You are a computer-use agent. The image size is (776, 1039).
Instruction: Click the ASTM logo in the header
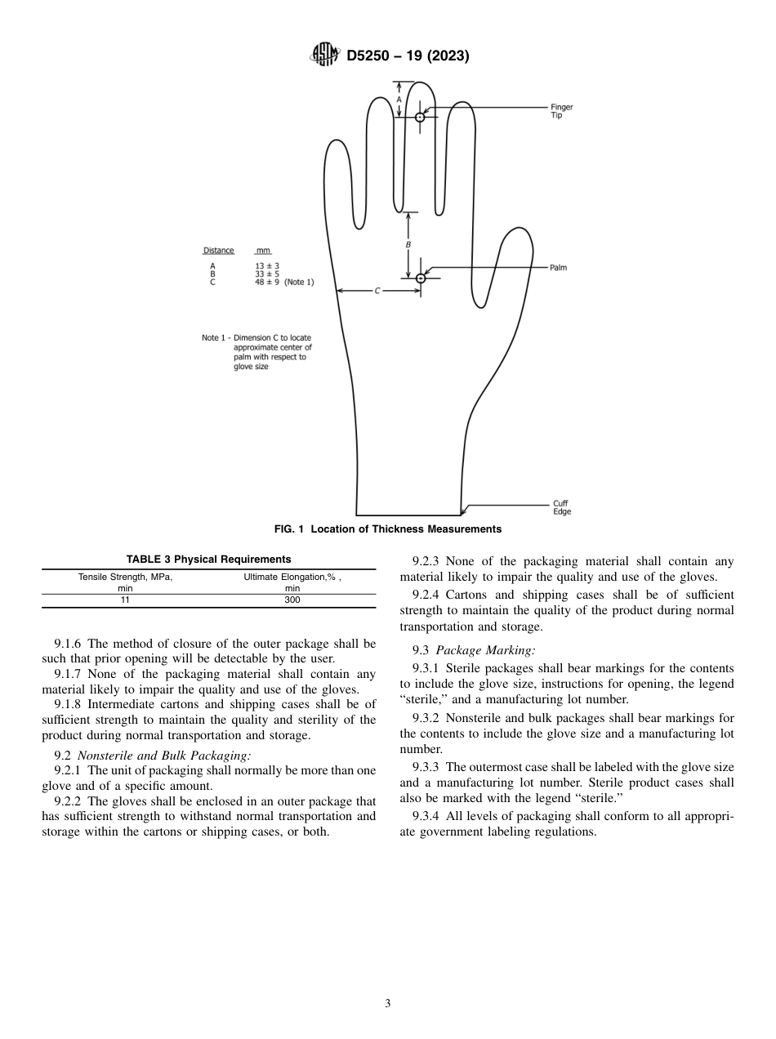326,56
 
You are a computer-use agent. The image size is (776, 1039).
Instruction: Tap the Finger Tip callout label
561,111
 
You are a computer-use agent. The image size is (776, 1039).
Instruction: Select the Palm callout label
559,268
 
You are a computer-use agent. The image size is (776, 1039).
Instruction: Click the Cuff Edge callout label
561,507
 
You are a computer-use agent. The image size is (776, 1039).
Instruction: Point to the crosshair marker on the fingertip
420,118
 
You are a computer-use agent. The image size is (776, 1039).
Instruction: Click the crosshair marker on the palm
421,279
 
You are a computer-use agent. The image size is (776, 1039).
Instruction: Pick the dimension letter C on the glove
377,291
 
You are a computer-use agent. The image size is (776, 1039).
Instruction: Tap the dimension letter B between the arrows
408,244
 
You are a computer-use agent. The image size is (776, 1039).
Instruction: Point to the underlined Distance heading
218,251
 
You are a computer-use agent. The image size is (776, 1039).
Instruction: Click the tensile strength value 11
126,600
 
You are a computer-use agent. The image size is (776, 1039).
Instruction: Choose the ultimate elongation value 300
292,600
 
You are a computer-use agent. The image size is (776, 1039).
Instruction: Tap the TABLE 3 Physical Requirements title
208,560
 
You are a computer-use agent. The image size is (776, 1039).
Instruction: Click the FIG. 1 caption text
388,529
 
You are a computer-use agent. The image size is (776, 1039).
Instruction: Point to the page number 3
388,1004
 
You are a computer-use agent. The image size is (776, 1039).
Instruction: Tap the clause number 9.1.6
69,644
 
